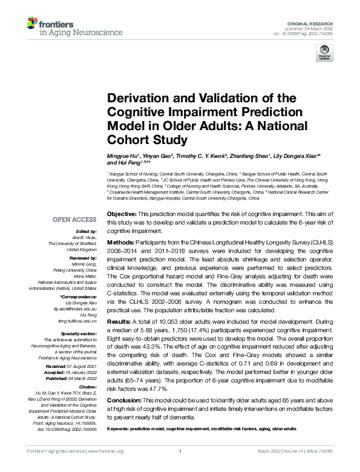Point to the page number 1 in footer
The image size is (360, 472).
pos(180,468)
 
